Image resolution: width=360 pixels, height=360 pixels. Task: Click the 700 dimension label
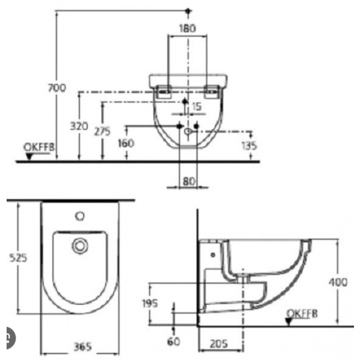[56, 87]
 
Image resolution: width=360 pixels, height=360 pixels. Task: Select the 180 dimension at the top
[188, 28]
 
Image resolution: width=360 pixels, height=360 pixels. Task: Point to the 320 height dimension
[79, 127]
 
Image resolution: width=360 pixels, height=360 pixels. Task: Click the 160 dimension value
[126, 143]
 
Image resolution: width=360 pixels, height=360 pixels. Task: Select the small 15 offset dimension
[196, 106]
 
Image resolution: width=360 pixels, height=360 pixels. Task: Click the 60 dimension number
[173, 341]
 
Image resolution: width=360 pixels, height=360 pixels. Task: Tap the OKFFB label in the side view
[301, 313]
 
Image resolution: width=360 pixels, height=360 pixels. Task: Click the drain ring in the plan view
[79, 245]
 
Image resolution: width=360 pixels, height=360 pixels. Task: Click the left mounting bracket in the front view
[164, 91]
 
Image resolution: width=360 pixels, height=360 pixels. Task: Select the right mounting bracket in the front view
[211, 91]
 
